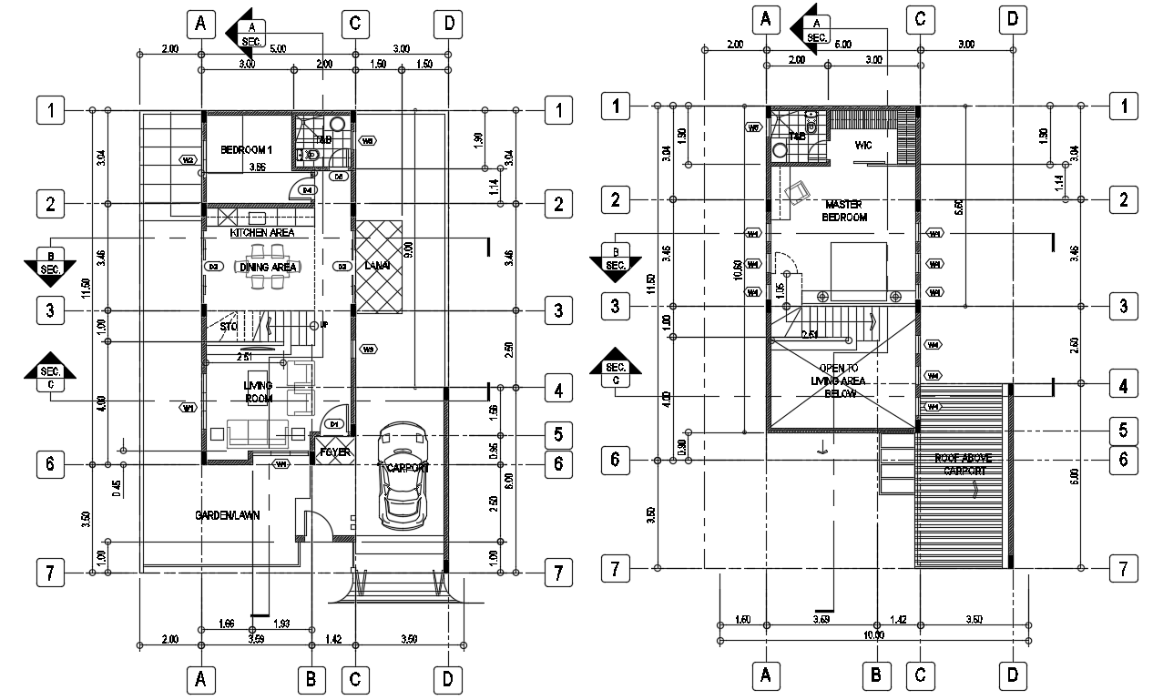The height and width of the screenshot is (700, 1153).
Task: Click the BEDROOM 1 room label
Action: pyautogui.click(x=247, y=149)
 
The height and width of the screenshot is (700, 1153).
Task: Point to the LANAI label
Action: pyautogui.click(x=378, y=266)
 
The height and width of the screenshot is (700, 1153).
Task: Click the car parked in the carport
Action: pyautogui.click(x=403, y=474)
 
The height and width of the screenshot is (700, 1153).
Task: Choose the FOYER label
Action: pyautogui.click(x=330, y=452)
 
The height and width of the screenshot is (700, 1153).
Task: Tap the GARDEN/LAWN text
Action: pyautogui.click(x=228, y=515)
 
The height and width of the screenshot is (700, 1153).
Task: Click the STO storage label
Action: pyautogui.click(x=229, y=326)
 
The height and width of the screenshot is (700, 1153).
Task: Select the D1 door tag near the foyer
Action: pyautogui.click(x=334, y=424)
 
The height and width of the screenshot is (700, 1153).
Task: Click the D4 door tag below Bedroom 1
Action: pyautogui.click(x=307, y=190)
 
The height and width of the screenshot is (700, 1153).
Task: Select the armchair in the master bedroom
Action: pyautogui.click(x=801, y=192)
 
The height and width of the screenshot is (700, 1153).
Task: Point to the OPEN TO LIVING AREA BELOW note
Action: pyautogui.click(x=838, y=380)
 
